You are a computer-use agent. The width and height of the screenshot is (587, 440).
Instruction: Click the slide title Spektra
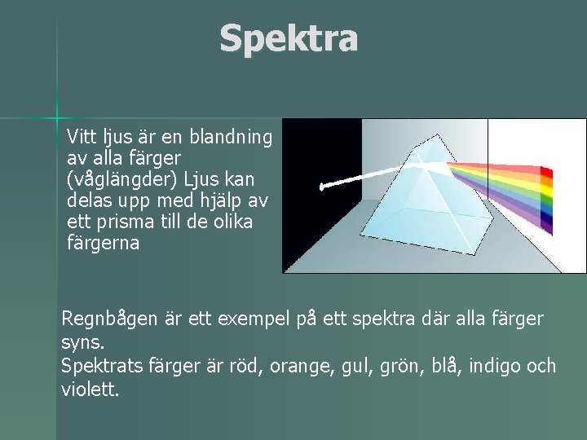(289, 38)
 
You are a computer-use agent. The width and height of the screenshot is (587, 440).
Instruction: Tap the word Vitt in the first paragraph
(81, 135)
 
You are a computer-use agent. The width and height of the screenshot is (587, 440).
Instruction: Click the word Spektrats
(101, 366)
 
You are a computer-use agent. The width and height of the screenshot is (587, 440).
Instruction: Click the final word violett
(89, 389)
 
